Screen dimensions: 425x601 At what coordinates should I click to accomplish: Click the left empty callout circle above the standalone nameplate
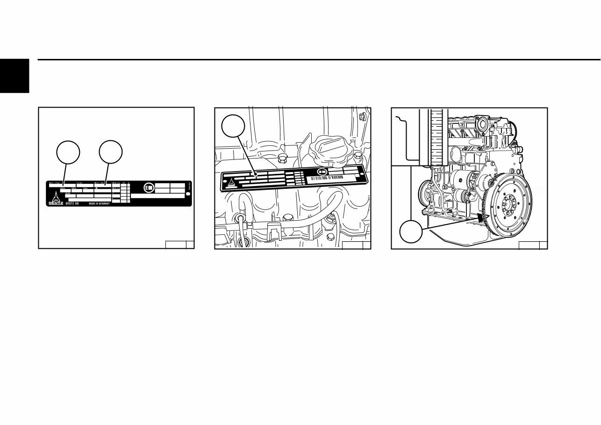68,152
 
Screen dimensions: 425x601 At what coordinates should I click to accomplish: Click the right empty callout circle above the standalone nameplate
111,152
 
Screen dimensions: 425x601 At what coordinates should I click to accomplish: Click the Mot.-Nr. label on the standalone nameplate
99,183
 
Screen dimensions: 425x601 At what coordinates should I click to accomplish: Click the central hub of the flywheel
513,205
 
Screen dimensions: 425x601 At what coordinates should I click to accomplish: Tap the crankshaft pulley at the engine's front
426,193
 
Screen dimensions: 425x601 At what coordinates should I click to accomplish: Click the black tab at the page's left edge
14,76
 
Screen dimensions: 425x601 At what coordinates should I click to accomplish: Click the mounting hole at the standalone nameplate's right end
188,194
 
